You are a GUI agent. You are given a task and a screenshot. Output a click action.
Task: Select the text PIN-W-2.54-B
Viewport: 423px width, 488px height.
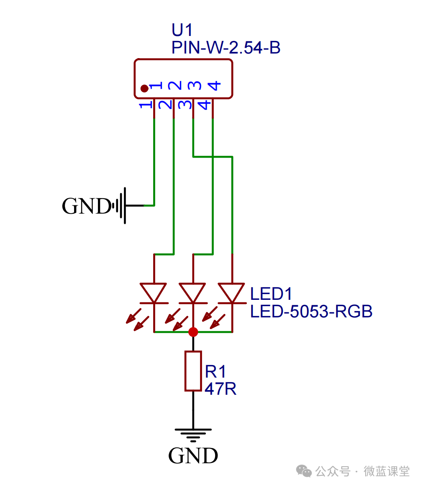click(x=226, y=48)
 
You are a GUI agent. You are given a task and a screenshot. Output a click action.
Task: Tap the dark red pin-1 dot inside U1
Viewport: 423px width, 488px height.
click(x=144, y=88)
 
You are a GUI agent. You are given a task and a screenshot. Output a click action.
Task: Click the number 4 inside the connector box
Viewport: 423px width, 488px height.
click(x=214, y=86)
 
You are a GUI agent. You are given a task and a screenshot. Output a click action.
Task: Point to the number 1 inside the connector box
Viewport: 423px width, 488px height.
click(x=156, y=86)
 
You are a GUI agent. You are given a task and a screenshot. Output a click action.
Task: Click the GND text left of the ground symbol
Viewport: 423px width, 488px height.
click(x=86, y=206)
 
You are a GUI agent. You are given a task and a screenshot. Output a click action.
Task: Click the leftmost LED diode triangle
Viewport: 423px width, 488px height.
click(x=154, y=292)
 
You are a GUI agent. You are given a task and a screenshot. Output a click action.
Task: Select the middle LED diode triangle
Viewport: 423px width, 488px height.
click(x=193, y=292)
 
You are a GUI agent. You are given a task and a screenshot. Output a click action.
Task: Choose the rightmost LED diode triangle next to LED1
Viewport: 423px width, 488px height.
click(x=232, y=292)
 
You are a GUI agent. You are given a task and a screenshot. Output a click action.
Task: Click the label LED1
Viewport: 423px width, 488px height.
click(x=271, y=294)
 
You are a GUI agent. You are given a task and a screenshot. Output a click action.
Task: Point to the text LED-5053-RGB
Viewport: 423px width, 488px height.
click(x=311, y=312)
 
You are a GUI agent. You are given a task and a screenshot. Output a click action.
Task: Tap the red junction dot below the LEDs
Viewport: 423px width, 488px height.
click(x=193, y=332)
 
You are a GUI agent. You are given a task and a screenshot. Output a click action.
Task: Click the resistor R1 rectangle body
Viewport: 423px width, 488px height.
click(x=193, y=371)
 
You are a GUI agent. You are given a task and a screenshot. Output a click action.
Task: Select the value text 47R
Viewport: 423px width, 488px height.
click(x=220, y=389)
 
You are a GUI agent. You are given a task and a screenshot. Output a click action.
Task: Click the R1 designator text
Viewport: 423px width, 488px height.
click(x=215, y=371)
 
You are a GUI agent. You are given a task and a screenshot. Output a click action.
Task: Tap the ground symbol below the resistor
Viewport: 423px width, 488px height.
click(x=193, y=434)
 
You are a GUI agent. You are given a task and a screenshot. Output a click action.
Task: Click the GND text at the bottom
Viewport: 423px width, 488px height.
click(x=193, y=456)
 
